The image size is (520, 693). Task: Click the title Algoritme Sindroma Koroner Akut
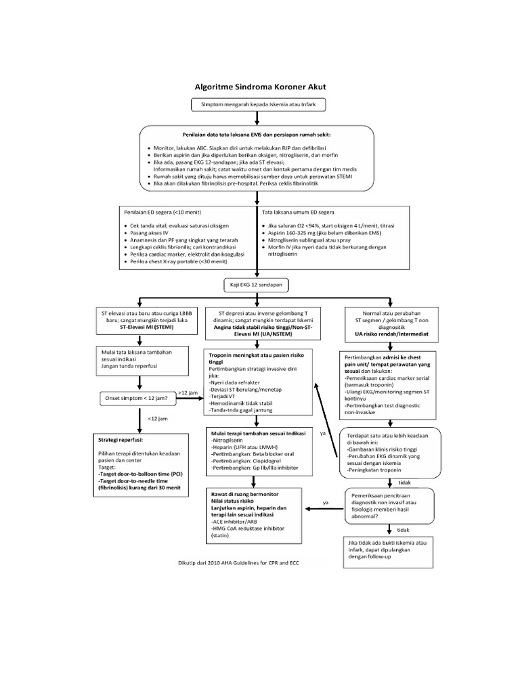(259, 87)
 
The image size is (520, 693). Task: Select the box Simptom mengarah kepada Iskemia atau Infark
(259, 105)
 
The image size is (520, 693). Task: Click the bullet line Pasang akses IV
(148, 232)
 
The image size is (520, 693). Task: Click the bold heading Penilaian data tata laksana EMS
(259, 134)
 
